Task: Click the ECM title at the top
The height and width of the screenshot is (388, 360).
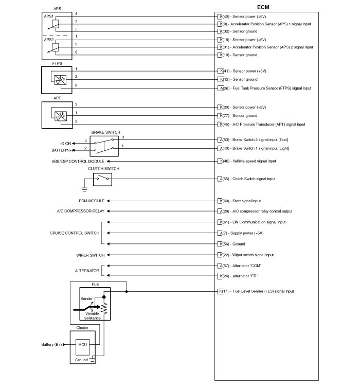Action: (262, 7)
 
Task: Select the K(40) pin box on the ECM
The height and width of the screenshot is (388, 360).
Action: (221, 16)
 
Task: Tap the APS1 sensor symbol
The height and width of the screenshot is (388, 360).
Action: (55, 23)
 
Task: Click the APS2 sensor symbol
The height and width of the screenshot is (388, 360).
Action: (55, 47)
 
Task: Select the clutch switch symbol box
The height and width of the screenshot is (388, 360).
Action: (102, 179)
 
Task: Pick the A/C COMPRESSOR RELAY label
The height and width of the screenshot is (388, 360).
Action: (81, 211)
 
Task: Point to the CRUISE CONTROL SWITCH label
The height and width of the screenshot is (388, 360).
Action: (75, 233)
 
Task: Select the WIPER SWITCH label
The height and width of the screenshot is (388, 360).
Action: (90, 255)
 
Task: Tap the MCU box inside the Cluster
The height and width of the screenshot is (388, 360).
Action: (82, 344)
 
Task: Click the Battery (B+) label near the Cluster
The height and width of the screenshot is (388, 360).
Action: (51, 344)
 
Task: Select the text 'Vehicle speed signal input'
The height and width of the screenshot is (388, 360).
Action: (254, 161)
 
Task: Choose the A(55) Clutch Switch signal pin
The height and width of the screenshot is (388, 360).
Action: (221, 179)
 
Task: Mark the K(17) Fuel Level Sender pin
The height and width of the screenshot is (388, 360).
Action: (221, 291)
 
